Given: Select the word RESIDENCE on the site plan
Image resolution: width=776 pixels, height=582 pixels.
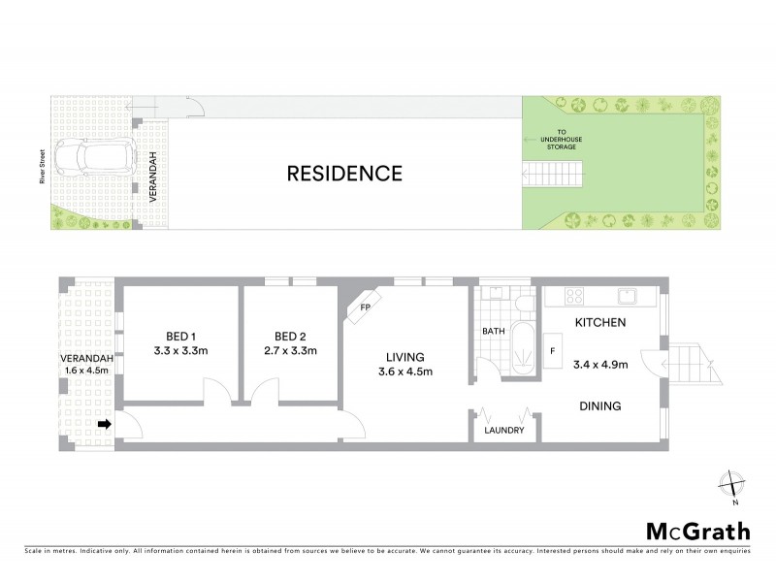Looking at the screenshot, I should click(x=344, y=175).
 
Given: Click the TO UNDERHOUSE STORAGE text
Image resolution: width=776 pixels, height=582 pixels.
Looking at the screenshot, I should click(x=561, y=141).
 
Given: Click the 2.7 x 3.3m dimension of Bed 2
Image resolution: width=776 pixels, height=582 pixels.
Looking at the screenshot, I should click(x=290, y=350).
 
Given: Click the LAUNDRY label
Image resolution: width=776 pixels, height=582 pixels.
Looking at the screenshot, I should click(x=504, y=431).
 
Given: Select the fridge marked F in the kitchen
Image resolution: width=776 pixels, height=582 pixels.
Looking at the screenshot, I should click(x=554, y=350).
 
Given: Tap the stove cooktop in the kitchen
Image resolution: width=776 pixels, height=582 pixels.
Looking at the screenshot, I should click(x=573, y=297).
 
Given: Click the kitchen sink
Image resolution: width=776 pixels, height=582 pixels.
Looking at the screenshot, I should click(x=626, y=296).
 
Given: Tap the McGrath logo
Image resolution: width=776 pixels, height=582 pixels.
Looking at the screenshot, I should click(x=697, y=531).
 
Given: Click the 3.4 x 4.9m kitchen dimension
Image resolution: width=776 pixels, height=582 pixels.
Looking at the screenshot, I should click(x=601, y=366).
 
